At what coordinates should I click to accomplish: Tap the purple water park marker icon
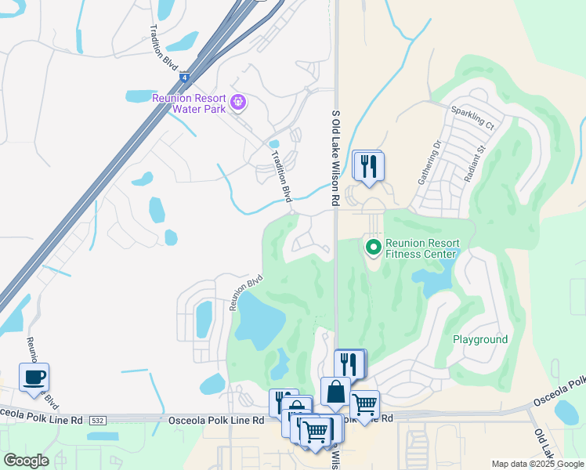coord(239,102)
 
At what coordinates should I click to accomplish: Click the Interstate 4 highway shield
coord(183,78)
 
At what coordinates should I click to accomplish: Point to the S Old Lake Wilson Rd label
coord(335,158)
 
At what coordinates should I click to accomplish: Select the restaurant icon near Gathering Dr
coord(367,165)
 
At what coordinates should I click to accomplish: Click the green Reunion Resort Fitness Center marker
coord(374,248)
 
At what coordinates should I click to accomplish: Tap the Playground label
coord(480,339)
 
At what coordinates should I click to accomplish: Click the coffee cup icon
coord(34,378)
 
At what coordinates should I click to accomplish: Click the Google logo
coord(26,460)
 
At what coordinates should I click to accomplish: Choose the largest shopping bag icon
coord(335,392)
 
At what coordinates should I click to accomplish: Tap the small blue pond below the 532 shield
coord(102,436)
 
